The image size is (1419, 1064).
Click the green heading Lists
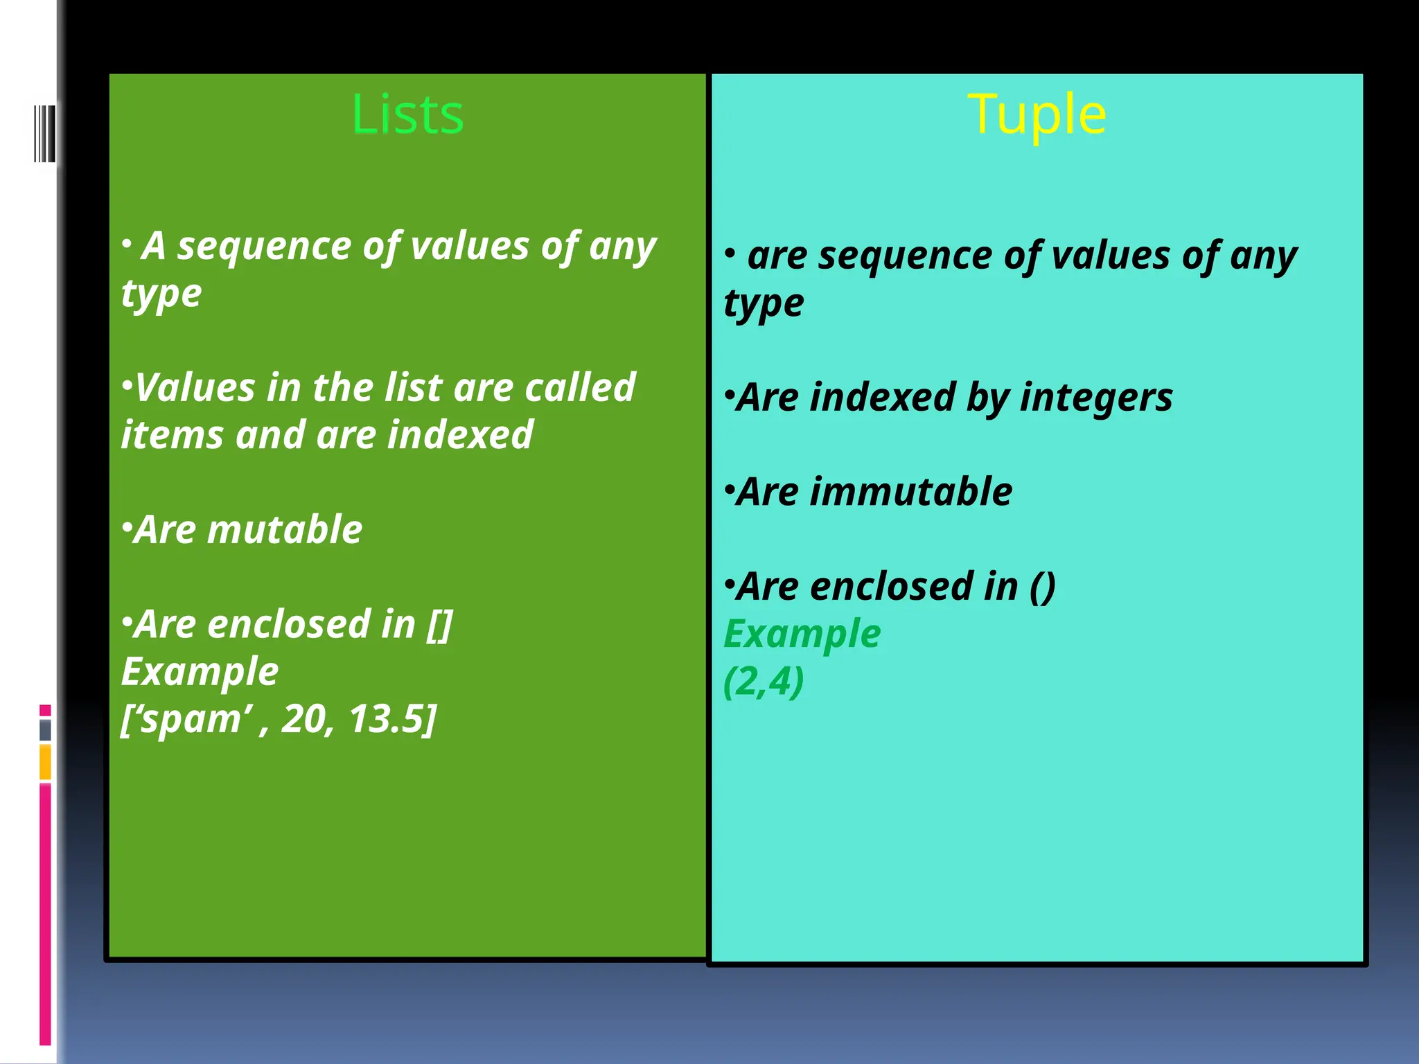click(407, 114)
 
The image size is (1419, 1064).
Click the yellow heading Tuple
click(1037, 114)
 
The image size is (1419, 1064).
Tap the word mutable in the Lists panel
click(284, 530)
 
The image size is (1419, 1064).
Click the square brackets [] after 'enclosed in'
click(439, 625)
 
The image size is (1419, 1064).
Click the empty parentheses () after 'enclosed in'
click(1042, 587)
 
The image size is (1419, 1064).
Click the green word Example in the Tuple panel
click(802, 635)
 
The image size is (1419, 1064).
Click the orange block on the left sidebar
click(45, 762)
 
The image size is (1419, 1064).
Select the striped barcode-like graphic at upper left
click(44, 133)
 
